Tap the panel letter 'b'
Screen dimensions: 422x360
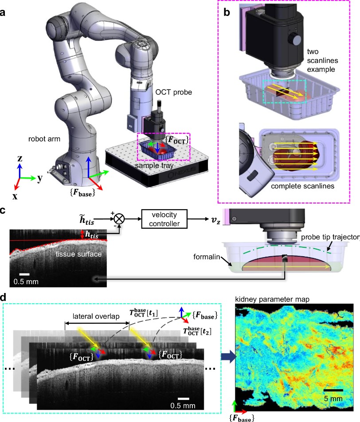pyautogui.click(x=227, y=12)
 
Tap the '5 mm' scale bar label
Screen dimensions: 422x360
pyautogui.click(x=333, y=399)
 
